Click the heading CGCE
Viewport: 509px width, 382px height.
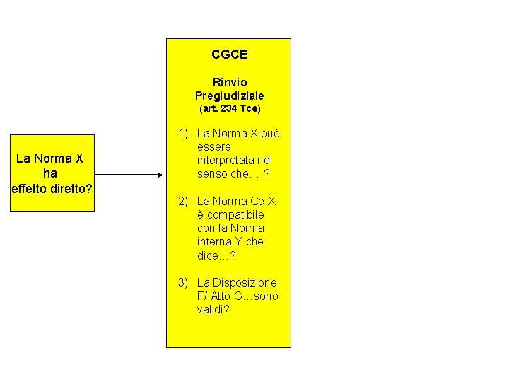tap(229, 54)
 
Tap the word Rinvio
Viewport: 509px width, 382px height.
tap(229, 82)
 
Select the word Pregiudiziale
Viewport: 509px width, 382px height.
tap(229, 95)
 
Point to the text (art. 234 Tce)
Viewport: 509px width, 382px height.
tap(229, 109)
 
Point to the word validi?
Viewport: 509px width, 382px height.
tap(213, 310)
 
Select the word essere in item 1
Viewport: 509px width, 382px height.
tap(213, 147)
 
